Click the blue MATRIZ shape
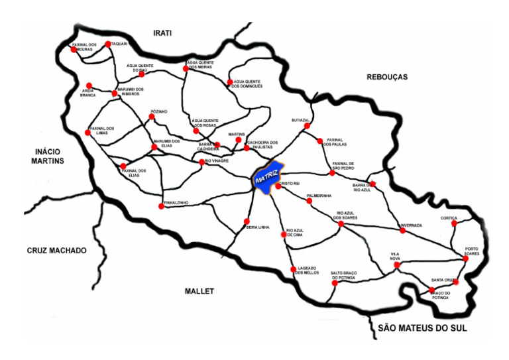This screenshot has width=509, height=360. (x=269, y=178)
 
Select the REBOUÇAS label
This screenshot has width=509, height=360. (x=387, y=78)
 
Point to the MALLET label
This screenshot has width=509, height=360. (x=200, y=290)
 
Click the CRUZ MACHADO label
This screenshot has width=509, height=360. (x=57, y=251)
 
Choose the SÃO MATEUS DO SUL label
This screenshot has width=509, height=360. (x=422, y=328)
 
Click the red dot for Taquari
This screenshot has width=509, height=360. (x=107, y=44)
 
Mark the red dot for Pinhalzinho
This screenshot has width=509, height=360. (x=162, y=206)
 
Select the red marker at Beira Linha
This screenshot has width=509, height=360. (x=247, y=221)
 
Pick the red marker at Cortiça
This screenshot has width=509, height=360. (x=455, y=223)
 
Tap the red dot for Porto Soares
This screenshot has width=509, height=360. (x=466, y=258)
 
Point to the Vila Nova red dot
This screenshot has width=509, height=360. (x=397, y=265)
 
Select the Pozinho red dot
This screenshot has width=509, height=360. (x=152, y=117)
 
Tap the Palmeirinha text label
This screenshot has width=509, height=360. (x=318, y=196)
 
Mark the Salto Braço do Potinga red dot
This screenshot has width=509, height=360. (x=334, y=283)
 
